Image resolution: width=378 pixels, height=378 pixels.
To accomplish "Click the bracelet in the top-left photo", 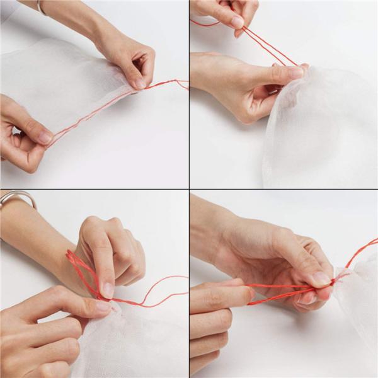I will (41, 8).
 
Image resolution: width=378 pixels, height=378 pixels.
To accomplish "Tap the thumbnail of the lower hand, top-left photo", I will (44, 136).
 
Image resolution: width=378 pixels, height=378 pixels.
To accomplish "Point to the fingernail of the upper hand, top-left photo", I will (140, 83).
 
